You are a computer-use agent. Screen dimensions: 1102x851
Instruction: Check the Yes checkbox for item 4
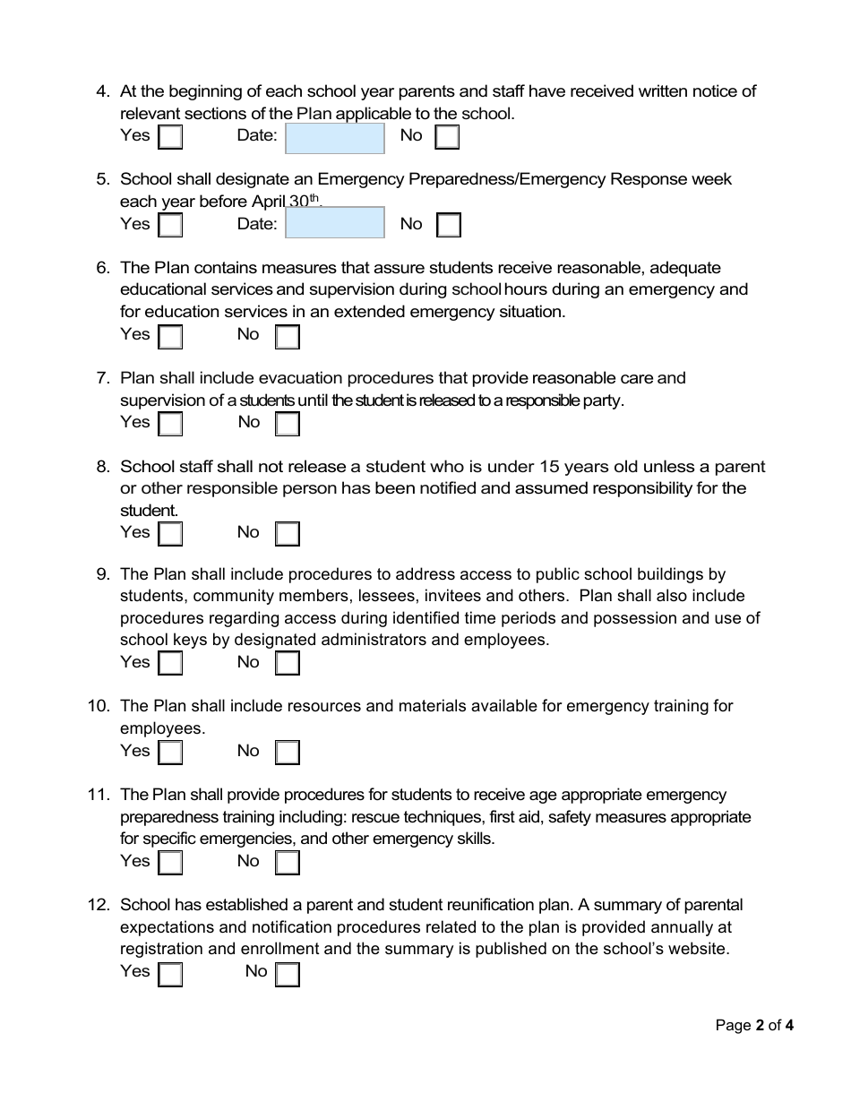tap(170, 137)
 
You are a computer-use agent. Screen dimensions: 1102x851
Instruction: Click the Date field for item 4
tap(334, 139)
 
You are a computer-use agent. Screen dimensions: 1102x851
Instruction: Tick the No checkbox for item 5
tap(449, 225)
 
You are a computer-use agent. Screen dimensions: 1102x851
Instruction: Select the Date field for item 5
tap(334, 223)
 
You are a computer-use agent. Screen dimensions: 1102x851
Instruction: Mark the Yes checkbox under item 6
tap(170, 337)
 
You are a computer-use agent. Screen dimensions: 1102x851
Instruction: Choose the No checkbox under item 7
tap(288, 424)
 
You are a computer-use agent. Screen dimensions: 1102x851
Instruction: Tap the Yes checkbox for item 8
tap(170, 534)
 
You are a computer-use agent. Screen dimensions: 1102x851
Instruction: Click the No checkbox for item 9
tap(288, 664)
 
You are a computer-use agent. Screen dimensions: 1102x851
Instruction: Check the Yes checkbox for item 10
tap(170, 753)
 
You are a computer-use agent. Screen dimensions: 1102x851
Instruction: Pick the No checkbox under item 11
tap(288, 863)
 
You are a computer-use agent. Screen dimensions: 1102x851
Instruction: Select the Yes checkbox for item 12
tap(170, 974)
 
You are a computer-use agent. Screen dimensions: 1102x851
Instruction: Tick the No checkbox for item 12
tap(288, 974)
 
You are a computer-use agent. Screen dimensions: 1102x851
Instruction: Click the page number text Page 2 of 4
tap(754, 1026)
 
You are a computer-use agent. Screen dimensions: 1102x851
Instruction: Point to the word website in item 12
tap(699, 950)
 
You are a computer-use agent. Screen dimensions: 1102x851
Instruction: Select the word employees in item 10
tap(161, 728)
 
